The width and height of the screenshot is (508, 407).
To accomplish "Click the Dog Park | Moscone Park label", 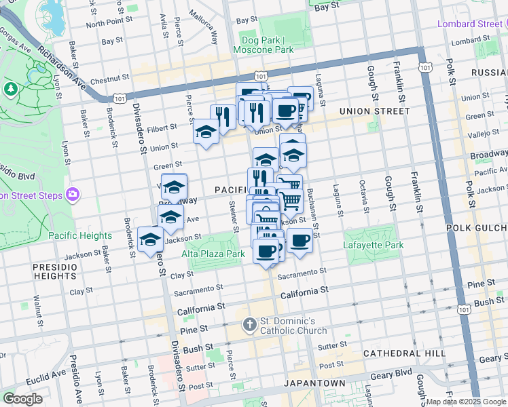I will click(x=263, y=45).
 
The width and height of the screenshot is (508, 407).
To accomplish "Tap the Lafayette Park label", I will click(x=373, y=245).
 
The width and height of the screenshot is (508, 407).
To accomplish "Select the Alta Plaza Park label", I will click(x=213, y=254).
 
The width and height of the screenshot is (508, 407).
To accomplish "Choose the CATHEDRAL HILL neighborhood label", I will click(x=404, y=353).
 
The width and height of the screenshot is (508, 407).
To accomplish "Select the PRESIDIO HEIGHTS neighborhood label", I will click(x=55, y=271).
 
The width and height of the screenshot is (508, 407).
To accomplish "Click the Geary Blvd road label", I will click(x=394, y=372).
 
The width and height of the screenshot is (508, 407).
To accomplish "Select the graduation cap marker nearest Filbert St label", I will click(x=205, y=131).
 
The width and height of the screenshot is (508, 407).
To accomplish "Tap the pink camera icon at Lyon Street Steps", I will click(x=71, y=195).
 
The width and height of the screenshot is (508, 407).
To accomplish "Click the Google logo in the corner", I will click(x=22, y=399).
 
